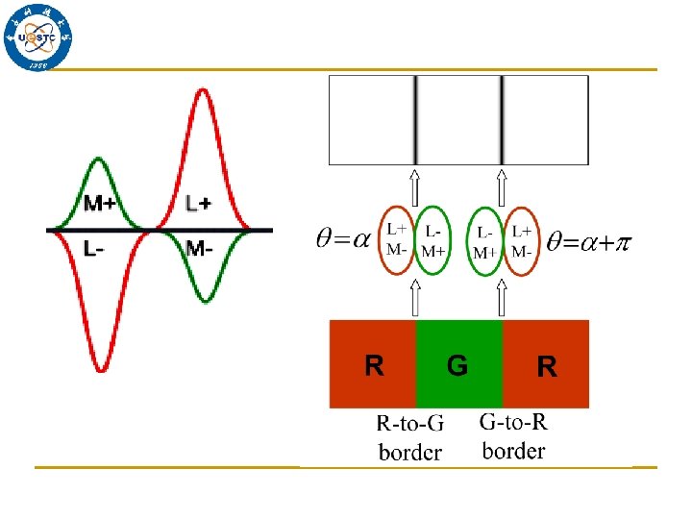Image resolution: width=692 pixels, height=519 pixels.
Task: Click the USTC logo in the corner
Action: (x=39, y=37)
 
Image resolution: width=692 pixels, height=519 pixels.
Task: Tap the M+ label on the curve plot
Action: (x=101, y=203)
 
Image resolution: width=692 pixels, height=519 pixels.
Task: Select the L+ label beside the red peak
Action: (x=199, y=203)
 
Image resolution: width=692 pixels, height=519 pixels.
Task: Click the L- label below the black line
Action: (x=94, y=249)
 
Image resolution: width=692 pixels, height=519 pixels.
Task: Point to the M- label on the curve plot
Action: (x=199, y=249)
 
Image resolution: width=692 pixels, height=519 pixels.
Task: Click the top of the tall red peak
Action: (x=202, y=90)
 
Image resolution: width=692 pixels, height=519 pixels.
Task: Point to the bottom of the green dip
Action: (x=202, y=301)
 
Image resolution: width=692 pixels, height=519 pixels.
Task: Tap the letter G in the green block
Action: (x=457, y=365)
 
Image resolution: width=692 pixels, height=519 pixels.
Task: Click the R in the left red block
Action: (x=375, y=365)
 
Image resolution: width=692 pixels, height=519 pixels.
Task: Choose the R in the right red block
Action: (x=546, y=366)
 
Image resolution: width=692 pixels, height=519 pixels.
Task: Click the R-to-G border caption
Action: (x=410, y=437)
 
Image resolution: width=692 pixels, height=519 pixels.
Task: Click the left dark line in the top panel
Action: (x=415, y=120)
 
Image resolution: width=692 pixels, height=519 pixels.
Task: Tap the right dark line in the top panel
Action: (x=502, y=120)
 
